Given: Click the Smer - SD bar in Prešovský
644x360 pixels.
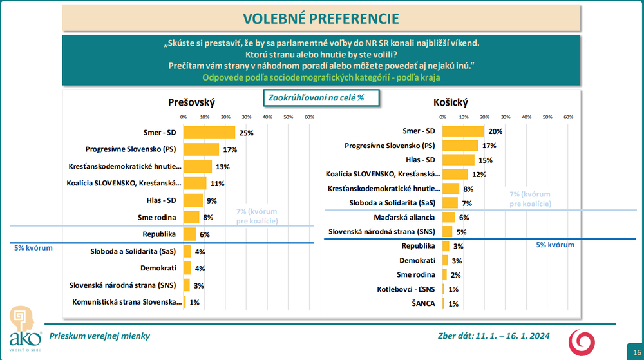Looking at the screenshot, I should point(209,133).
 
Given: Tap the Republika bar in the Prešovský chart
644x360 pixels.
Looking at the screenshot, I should point(190,234).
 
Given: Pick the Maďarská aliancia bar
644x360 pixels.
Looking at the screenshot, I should point(449,217).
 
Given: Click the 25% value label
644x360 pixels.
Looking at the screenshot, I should point(246,133).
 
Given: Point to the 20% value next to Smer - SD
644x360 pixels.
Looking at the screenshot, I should point(495,131).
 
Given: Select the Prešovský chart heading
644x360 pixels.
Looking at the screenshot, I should point(191,102).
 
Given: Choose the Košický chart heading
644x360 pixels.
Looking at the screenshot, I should point(451,102).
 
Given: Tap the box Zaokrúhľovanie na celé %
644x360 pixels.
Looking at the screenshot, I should point(320,97).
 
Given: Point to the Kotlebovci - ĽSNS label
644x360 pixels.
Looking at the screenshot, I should point(406,289).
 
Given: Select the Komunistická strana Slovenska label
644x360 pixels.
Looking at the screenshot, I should point(126,302).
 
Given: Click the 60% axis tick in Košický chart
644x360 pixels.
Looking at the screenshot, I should point(569,117).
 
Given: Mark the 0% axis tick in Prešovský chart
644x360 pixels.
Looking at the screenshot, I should point(184,117).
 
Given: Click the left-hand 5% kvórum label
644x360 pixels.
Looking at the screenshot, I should point(33,248).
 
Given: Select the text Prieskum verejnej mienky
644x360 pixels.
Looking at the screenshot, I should point(96,336).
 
